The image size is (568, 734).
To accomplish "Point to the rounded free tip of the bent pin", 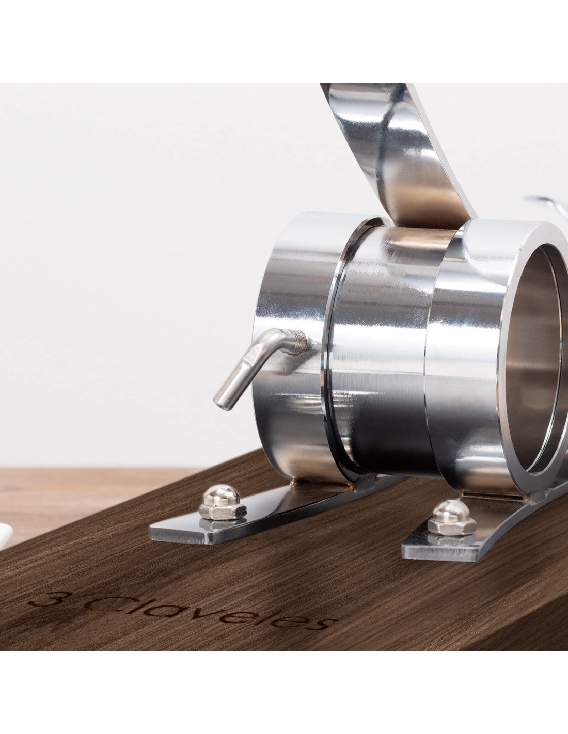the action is point(219,404).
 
